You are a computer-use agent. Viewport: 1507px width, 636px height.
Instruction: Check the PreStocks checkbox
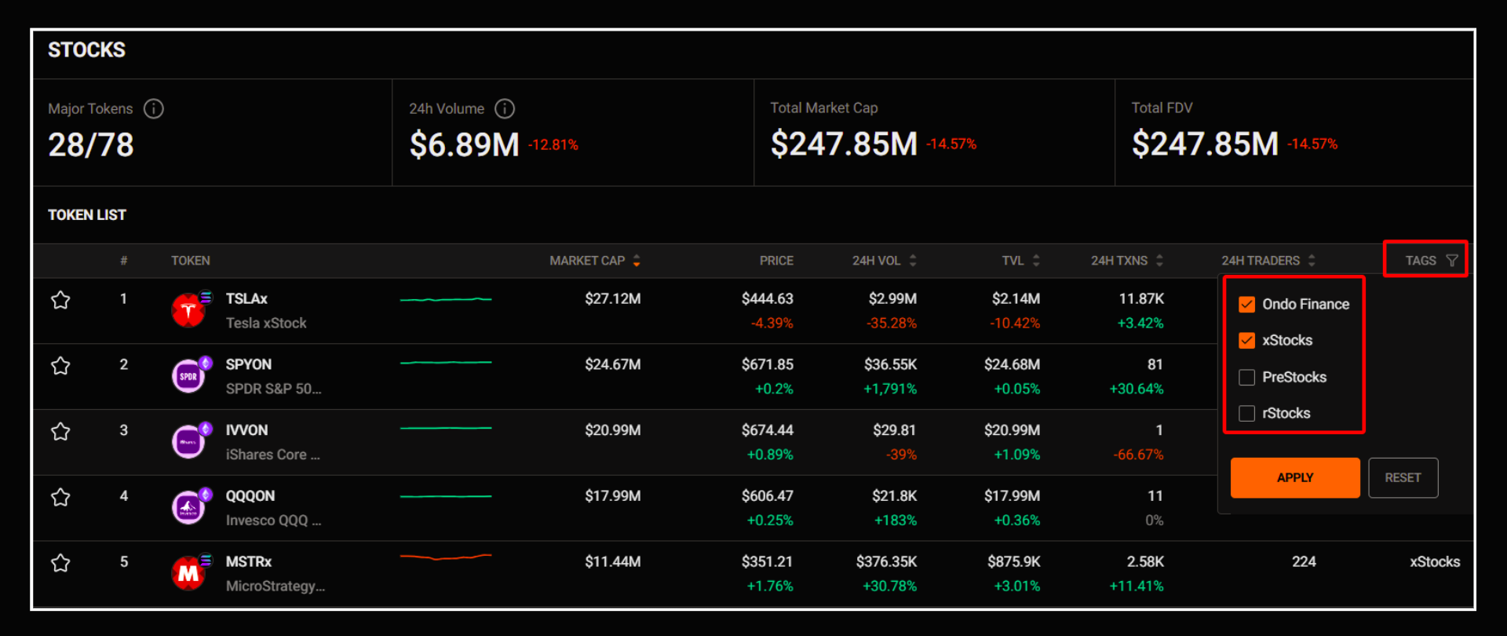click(x=1246, y=378)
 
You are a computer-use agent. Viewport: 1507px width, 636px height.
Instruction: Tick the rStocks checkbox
click(x=1246, y=414)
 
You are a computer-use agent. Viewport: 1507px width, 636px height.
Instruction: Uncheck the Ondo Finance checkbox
click(x=1246, y=305)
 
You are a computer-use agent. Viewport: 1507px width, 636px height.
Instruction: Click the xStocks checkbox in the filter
click(x=1246, y=341)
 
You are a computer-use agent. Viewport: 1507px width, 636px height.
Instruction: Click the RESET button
click(x=1403, y=477)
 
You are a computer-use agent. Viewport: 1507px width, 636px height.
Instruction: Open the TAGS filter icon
click(x=1451, y=261)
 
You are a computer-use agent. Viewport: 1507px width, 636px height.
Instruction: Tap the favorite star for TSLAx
click(x=60, y=300)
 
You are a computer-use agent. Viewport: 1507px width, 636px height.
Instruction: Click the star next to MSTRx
click(x=60, y=563)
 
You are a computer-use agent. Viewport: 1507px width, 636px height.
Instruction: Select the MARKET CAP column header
click(x=587, y=261)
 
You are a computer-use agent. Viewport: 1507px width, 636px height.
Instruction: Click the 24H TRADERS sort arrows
click(x=1312, y=261)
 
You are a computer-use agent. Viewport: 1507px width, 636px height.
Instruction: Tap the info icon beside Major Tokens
click(x=154, y=108)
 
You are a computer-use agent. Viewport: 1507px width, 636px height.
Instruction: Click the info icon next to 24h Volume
click(x=505, y=108)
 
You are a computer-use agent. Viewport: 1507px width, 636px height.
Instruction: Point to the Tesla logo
click(x=188, y=310)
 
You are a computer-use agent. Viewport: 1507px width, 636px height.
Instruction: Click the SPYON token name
click(x=249, y=364)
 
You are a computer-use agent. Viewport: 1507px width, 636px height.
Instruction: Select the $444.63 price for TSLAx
click(x=767, y=298)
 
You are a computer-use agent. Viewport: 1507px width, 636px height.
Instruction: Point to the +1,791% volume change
click(x=890, y=389)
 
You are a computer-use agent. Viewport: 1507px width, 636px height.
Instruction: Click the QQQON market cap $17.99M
click(x=612, y=495)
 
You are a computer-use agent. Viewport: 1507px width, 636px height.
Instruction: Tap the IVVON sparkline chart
click(x=446, y=429)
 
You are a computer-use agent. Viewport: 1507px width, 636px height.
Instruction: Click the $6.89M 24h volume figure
click(x=464, y=144)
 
